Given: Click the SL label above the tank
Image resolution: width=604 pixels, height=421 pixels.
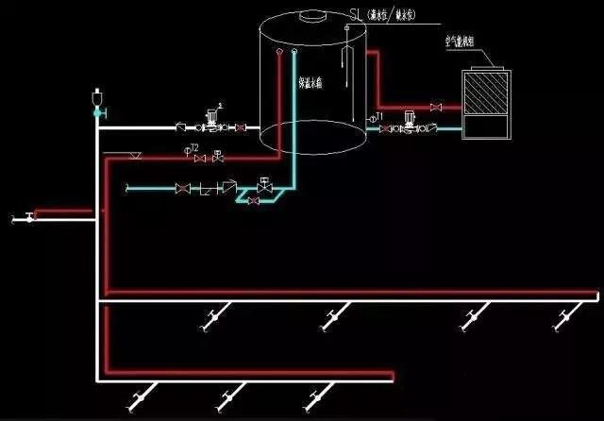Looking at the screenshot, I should click(x=356, y=15).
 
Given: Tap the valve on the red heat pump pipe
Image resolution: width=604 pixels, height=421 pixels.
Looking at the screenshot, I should click(x=435, y=108).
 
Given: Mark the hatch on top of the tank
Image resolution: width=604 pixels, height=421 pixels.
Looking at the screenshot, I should click(x=310, y=15).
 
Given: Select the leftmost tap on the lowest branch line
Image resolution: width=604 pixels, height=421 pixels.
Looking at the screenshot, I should click(x=141, y=397).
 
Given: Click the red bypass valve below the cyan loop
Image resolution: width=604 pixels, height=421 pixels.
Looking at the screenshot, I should click(x=253, y=201).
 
